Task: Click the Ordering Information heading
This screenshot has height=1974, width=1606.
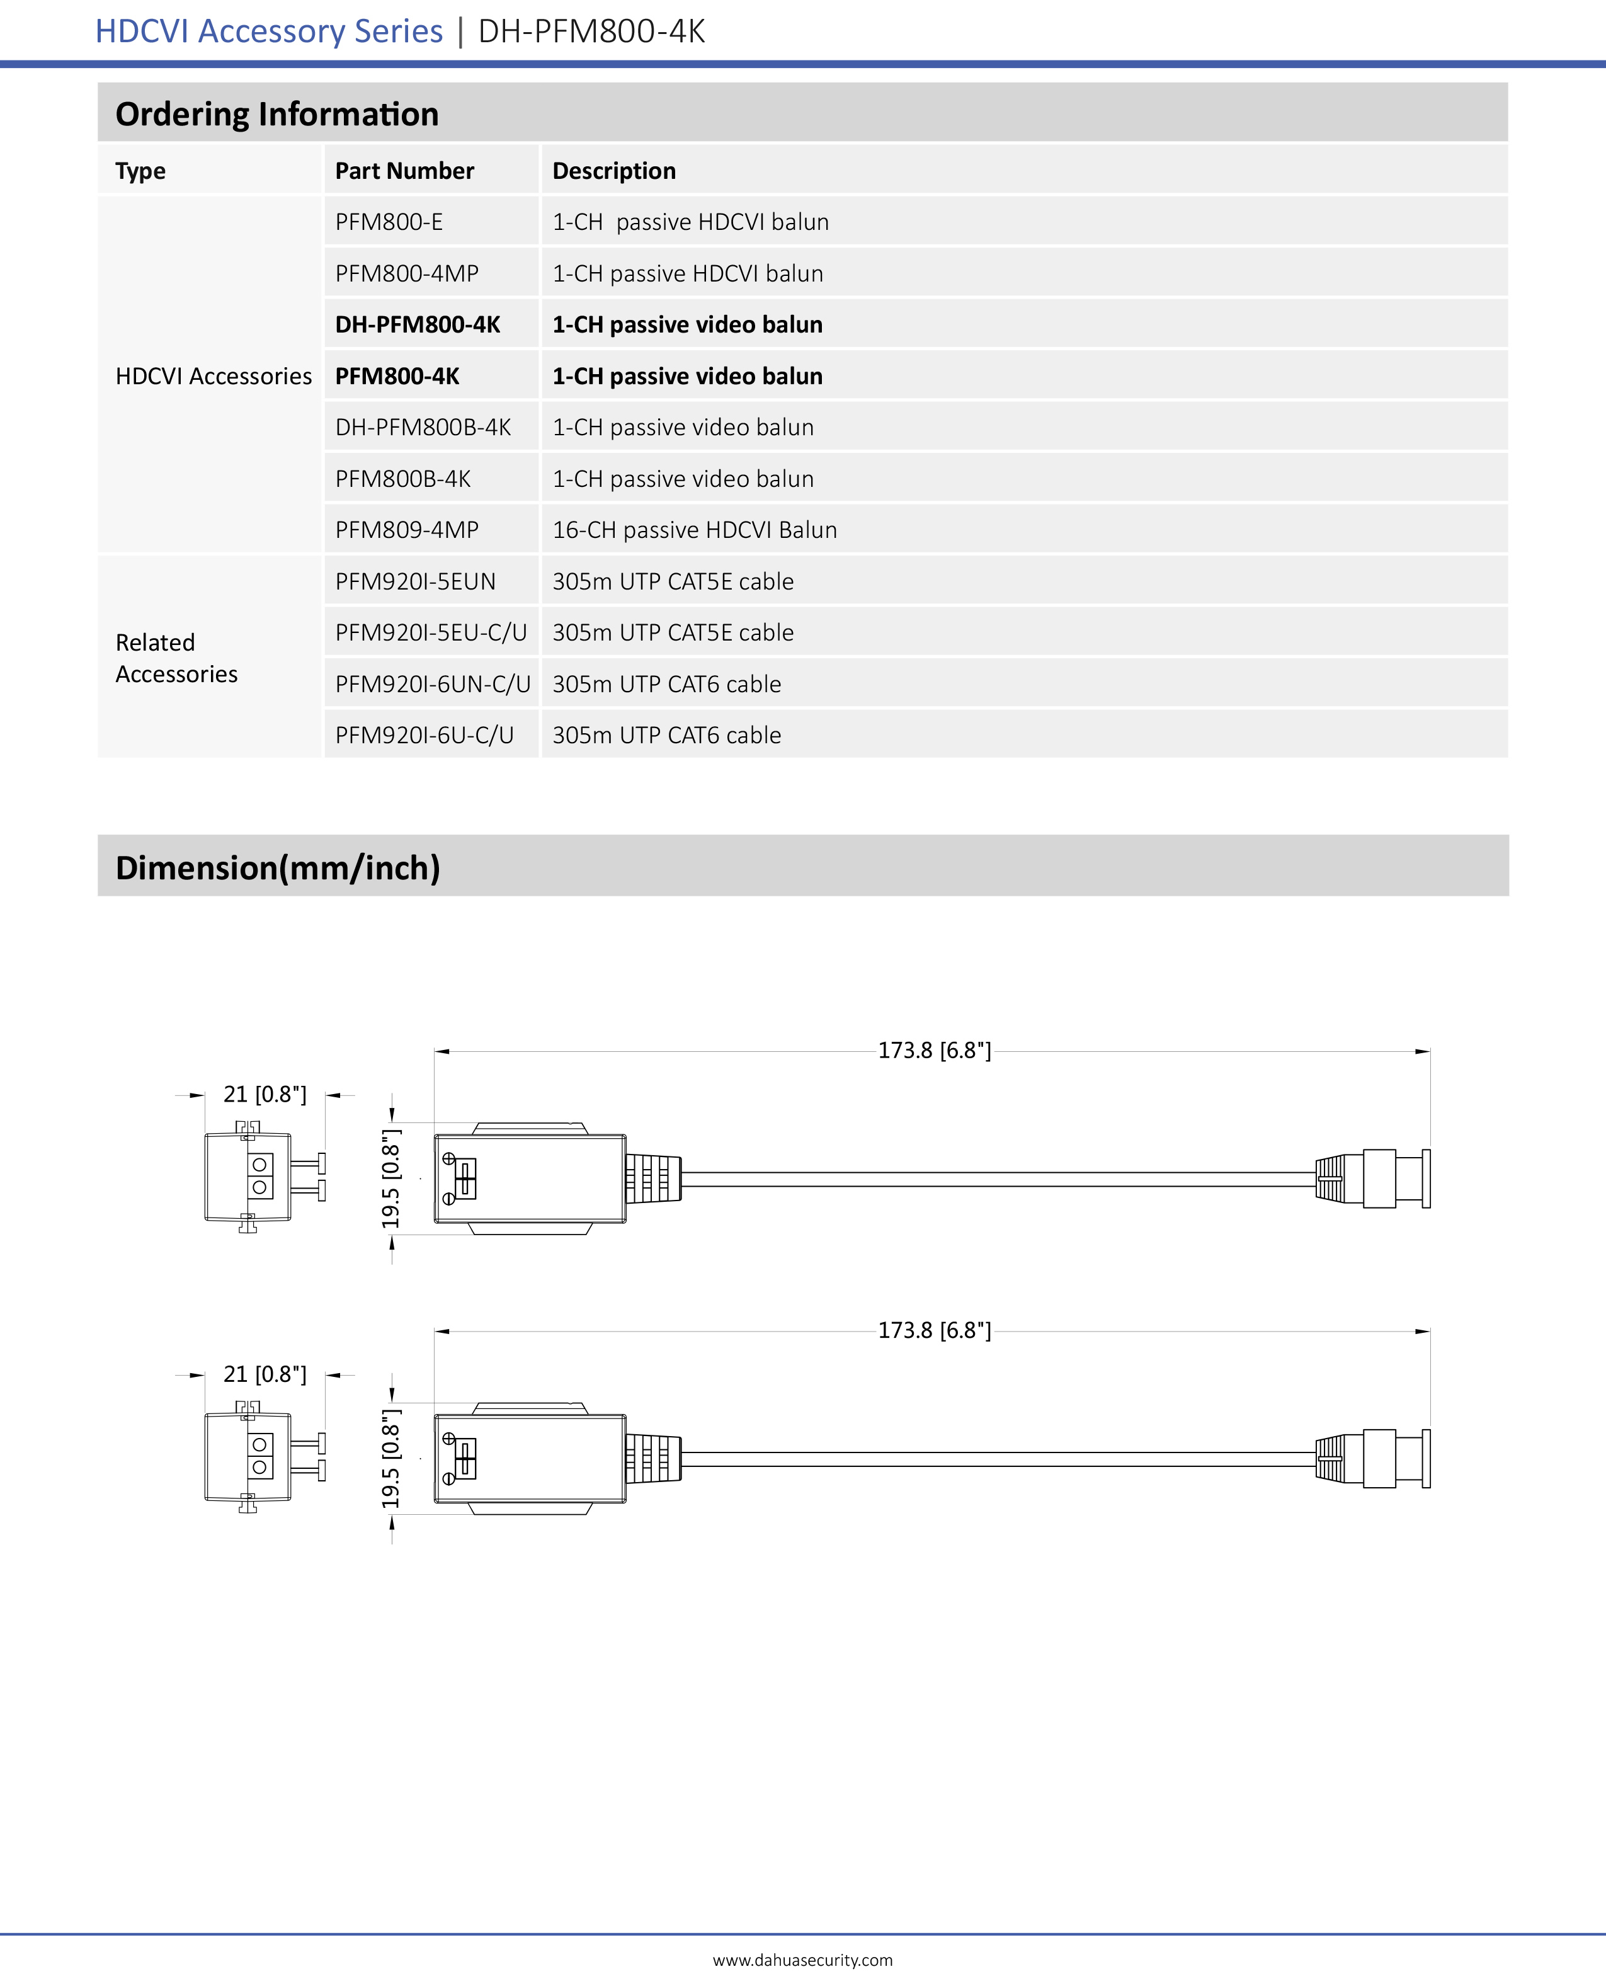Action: pyautogui.click(x=276, y=114)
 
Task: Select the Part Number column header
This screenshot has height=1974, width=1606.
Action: pyautogui.click(x=404, y=171)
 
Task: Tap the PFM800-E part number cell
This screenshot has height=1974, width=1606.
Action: pyautogui.click(x=389, y=222)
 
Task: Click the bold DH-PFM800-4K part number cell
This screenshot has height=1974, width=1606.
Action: pyautogui.click(x=417, y=324)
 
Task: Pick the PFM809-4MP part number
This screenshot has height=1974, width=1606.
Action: pyautogui.click(x=407, y=530)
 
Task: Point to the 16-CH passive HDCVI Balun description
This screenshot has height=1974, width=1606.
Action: pyautogui.click(x=694, y=530)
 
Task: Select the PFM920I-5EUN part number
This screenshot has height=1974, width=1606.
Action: pyautogui.click(x=416, y=582)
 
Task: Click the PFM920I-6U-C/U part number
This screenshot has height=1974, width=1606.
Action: pyautogui.click(x=424, y=736)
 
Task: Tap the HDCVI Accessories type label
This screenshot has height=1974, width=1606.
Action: pyautogui.click(x=214, y=377)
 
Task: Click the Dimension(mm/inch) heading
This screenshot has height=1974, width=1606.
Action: pyautogui.click(x=278, y=868)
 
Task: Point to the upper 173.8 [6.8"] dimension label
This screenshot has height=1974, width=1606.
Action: pyautogui.click(x=935, y=1051)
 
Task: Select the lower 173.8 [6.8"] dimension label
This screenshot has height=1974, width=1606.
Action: pyautogui.click(x=935, y=1330)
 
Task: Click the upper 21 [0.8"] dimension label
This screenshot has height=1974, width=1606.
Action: pyautogui.click(x=265, y=1094)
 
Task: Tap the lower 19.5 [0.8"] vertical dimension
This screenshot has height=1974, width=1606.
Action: pyautogui.click(x=391, y=1459)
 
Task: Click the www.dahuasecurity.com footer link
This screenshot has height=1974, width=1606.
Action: pyautogui.click(x=802, y=1960)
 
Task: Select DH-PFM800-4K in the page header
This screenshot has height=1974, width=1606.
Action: pyautogui.click(x=591, y=31)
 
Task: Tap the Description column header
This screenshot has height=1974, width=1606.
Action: pyautogui.click(x=613, y=171)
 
